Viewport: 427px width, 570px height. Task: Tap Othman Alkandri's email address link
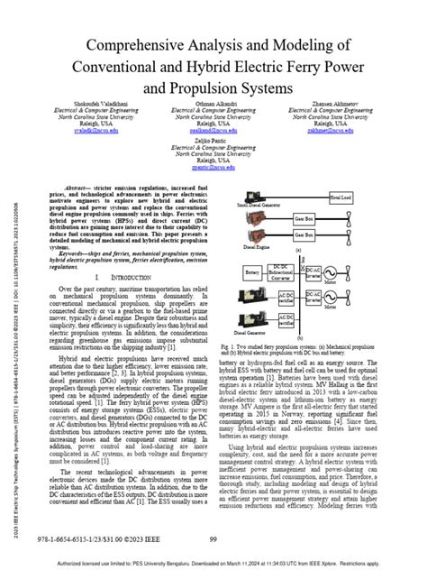click(213, 130)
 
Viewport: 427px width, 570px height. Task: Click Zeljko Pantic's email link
click(213, 167)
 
